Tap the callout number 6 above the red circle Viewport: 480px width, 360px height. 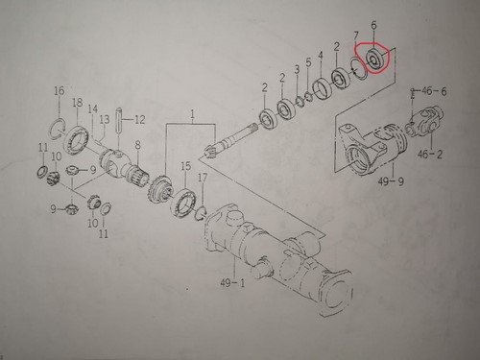point(373,25)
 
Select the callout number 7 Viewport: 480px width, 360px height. point(356,36)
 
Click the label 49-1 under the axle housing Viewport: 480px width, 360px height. point(232,283)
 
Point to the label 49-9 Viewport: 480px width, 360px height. point(391,181)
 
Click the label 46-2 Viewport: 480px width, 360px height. point(430,154)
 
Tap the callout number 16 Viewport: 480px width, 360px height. point(60,91)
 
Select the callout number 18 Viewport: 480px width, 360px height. point(78,103)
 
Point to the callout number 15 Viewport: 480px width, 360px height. point(185,166)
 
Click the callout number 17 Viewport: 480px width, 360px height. point(203,178)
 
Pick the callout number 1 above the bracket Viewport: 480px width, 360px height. point(192,114)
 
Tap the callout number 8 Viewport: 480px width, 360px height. point(137,145)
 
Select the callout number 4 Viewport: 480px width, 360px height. point(321,56)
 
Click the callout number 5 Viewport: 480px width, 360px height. point(308,62)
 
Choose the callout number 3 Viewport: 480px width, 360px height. point(297,69)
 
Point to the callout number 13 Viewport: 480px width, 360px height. point(105,120)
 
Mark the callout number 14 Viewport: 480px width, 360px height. point(93,109)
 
